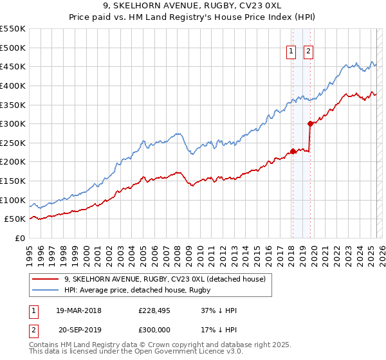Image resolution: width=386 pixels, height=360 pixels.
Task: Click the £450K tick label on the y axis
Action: click(x=13, y=66)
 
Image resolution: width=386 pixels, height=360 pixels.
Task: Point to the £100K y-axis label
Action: click(x=13, y=200)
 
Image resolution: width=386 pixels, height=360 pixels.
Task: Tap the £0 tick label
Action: click(x=20, y=238)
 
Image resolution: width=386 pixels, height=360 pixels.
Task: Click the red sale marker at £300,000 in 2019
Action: click(x=310, y=123)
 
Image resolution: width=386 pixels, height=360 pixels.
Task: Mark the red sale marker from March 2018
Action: click(x=293, y=151)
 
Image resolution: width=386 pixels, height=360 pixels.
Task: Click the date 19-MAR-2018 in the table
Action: click(x=78, y=310)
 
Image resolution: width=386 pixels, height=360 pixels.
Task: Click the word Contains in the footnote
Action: click(x=45, y=345)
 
